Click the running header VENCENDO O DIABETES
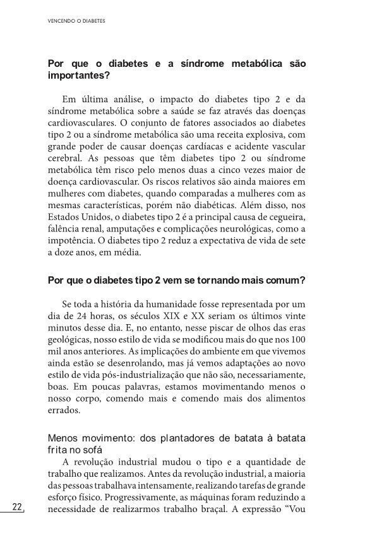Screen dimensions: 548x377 pyautogui.click(x=76, y=20)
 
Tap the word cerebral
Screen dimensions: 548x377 pyautogui.click(x=64, y=159)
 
